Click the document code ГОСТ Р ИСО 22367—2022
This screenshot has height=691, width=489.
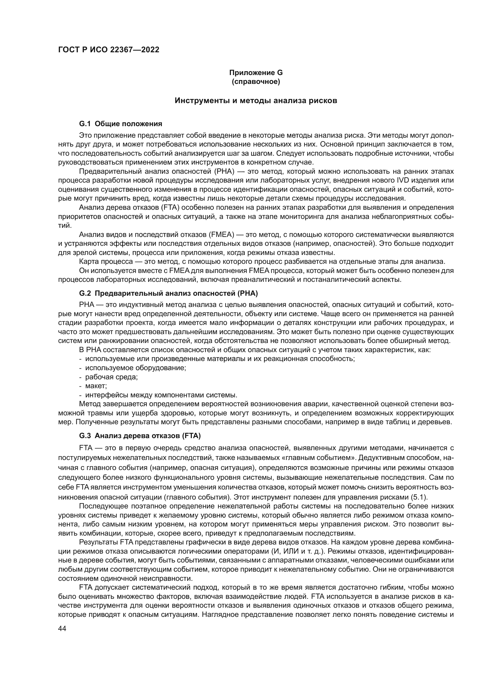[109, 50]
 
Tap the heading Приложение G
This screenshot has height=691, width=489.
[256, 73]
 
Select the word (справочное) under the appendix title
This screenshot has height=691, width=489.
[256, 82]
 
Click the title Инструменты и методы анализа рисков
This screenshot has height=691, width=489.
[256, 100]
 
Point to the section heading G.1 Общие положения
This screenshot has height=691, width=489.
[120, 124]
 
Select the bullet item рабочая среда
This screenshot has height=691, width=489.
[111, 377]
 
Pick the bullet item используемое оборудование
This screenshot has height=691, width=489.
[135, 368]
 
